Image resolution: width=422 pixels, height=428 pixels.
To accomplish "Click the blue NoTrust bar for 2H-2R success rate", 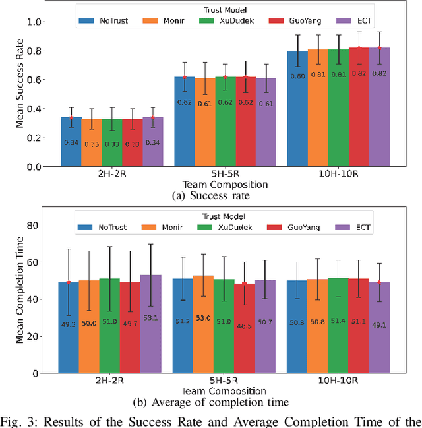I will pyautogui.click(x=71, y=142).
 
